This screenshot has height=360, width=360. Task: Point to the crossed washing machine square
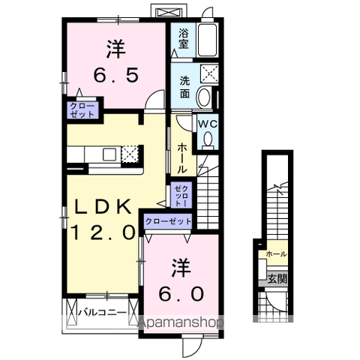[x=209, y=73]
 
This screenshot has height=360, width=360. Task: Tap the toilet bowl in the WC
[x=208, y=139]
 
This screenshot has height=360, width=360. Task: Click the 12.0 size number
[x=103, y=232]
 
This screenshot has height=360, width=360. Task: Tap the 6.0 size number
[x=180, y=293]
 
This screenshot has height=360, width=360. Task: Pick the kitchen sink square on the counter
[x=108, y=154]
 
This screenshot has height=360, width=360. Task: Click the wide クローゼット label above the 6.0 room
[x=166, y=221]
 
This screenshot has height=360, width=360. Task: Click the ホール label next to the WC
[x=182, y=158]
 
